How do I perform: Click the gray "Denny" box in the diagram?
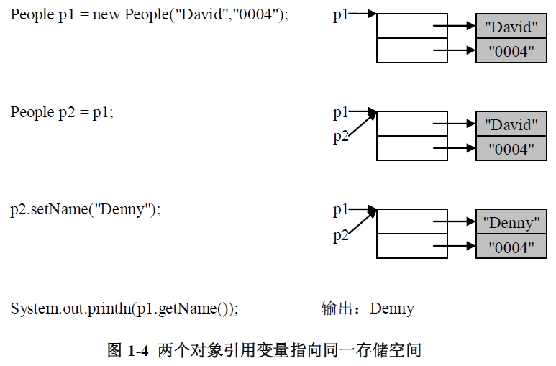pyautogui.click(x=511, y=223)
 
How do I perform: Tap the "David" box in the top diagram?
pyautogui.click(x=511, y=27)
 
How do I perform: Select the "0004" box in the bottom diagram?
pyautogui.click(x=511, y=247)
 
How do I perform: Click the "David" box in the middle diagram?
pyautogui.click(x=511, y=125)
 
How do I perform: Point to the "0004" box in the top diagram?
pyautogui.click(x=511, y=52)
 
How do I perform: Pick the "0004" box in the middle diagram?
pyautogui.click(x=511, y=150)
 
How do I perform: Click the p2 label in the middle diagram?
pyautogui.click(x=340, y=137)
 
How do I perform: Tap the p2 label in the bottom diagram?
pyautogui.click(x=340, y=235)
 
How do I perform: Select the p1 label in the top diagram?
pyautogui.click(x=340, y=14)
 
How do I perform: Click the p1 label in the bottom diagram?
pyautogui.click(x=340, y=210)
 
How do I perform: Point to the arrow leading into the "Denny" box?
pyautogui.click(x=453, y=222)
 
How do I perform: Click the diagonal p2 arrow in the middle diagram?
pyautogui.click(x=363, y=124)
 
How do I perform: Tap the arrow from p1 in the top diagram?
pyautogui.click(x=363, y=14)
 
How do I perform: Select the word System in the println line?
pyautogui.click(x=29, y=308)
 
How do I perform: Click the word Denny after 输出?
pyautogui.click(x=392, y=308)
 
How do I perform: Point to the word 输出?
pyautogui.click(x=337, y=308)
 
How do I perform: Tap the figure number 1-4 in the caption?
pyautogui.click(x=137, y=351)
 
